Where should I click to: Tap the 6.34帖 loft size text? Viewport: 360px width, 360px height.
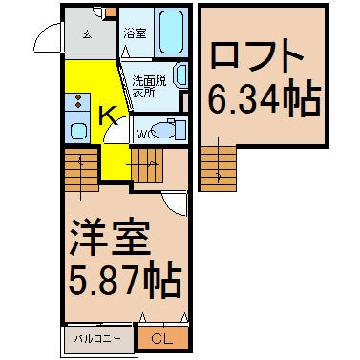[264, 97]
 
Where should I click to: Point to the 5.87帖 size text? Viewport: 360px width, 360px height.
[125, 279]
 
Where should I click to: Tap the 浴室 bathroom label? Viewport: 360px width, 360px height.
[135, 33]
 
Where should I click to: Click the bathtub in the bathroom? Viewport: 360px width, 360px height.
[171, 32]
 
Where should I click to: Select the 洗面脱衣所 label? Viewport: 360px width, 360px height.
[149, 87]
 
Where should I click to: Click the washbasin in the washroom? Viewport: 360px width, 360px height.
[180, 75]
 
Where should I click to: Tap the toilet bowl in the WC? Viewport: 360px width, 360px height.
[165, 131]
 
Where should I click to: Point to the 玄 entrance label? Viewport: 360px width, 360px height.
[88, 34]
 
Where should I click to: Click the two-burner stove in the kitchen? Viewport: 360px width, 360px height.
[78, 101]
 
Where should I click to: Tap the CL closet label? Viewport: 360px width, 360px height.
[161, 338]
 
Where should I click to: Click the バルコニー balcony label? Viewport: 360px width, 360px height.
[97, 338]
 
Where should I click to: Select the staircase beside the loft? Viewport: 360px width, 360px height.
[219, 169]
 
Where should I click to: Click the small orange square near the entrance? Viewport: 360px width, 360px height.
[111, 11]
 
